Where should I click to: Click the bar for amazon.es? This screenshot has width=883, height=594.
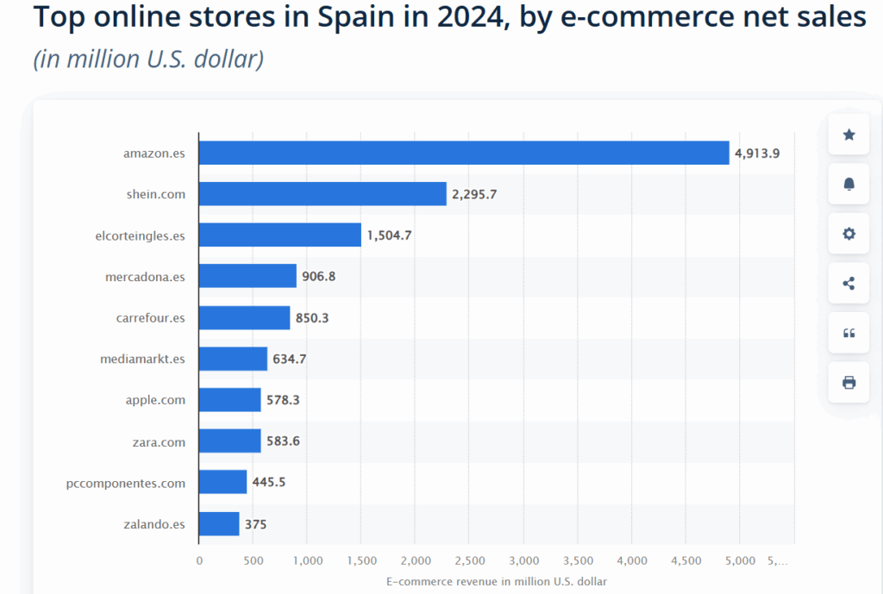(x=464, y=153)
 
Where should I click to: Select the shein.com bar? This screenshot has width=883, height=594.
(x=323, y=194)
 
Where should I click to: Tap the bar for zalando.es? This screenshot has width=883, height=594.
(x=219, y=523)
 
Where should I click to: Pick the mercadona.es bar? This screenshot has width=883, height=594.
(x=247, y=276)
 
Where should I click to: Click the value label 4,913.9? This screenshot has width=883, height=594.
(x=757, y=153)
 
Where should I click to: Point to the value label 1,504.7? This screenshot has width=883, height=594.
(x=389, y=235)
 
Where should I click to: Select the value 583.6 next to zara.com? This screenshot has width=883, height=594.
(x=284, y=442)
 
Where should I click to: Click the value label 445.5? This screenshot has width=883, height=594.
(x=269, y=483)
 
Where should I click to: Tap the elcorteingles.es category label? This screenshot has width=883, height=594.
(x=140, y=235)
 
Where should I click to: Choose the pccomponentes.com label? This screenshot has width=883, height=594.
(x=126, y=483)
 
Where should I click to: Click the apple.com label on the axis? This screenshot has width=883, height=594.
(x=156, y=400)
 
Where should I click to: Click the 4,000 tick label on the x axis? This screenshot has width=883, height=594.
(x=632, y=561)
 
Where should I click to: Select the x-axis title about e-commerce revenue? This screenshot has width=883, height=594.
(x=497, y=581)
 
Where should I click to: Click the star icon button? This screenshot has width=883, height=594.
(x=849, y=134)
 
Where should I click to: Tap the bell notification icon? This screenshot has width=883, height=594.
(x=849, y=184)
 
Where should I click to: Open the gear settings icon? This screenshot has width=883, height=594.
(x=849, y=234)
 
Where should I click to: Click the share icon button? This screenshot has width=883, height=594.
(x=849, y=283)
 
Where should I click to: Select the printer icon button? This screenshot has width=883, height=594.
(x=849, y=382)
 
